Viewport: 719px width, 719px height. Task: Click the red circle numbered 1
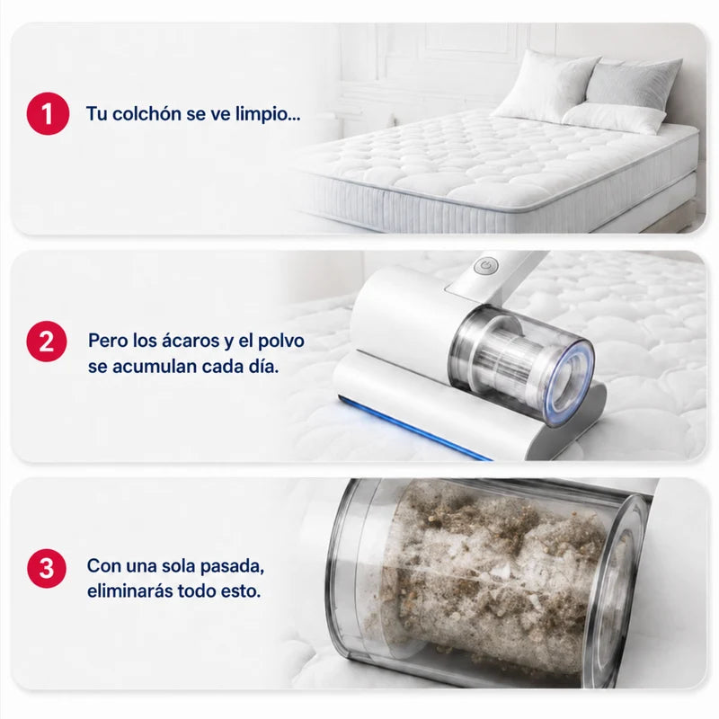49,114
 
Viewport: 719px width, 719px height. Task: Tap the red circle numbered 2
47,342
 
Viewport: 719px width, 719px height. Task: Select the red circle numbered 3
47,568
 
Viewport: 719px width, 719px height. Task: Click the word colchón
146,114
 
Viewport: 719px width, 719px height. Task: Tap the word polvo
281,342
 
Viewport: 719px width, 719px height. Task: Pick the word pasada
233,567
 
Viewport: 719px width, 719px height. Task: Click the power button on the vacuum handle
486,265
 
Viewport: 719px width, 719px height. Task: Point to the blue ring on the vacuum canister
572,380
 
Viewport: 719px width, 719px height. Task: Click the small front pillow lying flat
615,118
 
